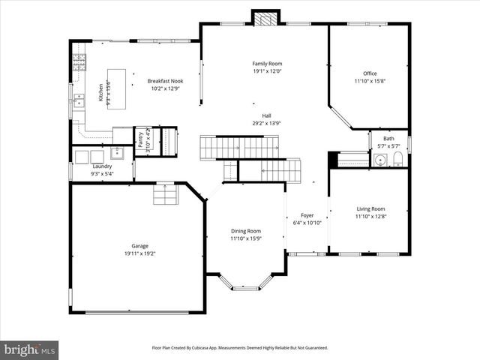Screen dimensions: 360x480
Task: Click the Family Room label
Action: (x=266, y=64)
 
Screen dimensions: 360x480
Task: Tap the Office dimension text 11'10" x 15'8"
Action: (x=370, y=81)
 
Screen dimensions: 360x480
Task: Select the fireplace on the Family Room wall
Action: (x=264, y=18)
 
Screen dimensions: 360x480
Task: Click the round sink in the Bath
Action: (x=381, y=159)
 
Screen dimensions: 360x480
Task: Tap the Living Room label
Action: (x=370, y=208)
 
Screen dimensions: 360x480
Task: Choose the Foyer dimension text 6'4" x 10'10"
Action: (x=307, y=223)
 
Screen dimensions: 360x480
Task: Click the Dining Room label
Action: (x=245, y=231)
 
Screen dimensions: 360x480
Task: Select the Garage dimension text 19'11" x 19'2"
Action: (x=139, y=253)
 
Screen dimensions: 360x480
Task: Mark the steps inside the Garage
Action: (x=165, y=194)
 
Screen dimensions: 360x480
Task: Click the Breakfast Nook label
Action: (x=165, y=81)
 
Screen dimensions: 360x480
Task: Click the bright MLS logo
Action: (x=29, y=349)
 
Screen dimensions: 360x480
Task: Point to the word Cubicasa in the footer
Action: (x=213, y=348)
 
